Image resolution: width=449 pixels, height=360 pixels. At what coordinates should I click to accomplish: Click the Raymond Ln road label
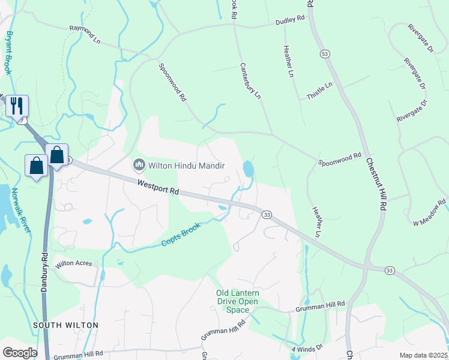point(85,35)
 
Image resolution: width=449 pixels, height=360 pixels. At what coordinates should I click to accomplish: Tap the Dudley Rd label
point(290,20)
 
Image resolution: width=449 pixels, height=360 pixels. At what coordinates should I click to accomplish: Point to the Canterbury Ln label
point(250,80)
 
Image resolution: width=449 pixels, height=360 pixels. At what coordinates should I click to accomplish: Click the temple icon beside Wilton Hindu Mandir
point(139,164)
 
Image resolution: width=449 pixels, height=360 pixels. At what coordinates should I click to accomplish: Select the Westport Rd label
point(158,188)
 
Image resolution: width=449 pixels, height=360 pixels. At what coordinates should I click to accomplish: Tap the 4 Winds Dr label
point(307,347)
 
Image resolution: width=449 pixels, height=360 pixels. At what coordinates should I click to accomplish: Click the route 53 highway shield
point(325,54)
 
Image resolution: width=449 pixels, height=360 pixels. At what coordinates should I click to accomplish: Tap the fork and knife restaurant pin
point(17,106)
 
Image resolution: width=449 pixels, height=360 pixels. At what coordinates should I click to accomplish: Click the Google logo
point(20,353)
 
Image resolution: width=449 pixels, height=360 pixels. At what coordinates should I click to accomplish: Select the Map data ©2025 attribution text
point(423,355)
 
